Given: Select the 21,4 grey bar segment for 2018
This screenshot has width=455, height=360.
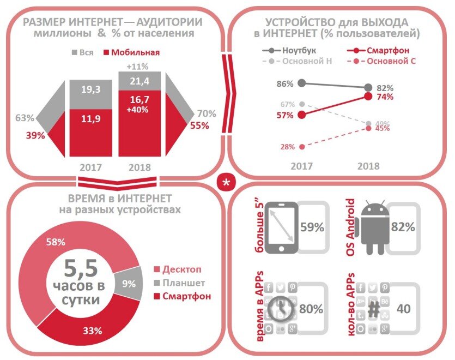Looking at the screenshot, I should [140, 81].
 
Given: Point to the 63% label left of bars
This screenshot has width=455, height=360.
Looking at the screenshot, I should [25, 117].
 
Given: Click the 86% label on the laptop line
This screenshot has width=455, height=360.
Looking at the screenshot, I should [285, 84].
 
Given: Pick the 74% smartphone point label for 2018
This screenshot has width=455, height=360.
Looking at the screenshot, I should [385, 97].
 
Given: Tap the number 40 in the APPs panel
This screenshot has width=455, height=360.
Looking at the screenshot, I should [404, 309].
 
